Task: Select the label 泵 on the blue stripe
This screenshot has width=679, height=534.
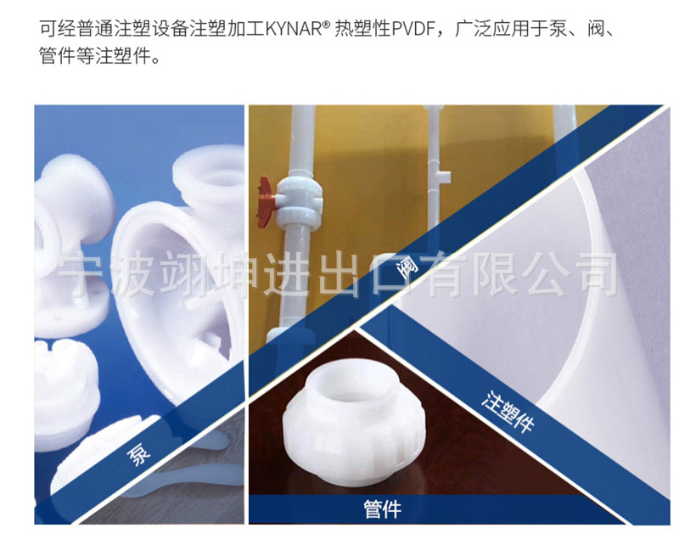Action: pyautogui.click(x=137, y=455)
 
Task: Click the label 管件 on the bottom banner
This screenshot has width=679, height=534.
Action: pyautogui.click(x=382, y=509)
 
